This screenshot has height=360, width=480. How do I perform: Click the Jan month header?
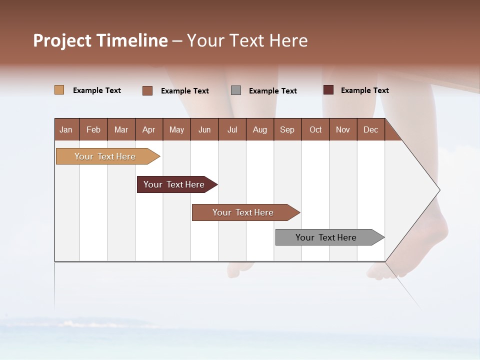click(x=66, y=129)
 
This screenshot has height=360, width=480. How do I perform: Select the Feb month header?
click(x=93, y=129)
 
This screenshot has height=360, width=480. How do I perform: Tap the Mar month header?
click(x=121, y=129)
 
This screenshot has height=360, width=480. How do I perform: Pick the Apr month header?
click(x=149, y=129)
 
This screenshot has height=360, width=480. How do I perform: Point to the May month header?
click(x=176, y=129)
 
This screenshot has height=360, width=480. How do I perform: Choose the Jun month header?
click(x=204, y=129)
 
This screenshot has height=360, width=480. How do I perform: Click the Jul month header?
click(x=232, y=129)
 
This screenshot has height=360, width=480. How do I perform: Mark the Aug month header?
click(x=260, y=129)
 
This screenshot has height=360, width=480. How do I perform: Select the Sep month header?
click(x=287, y=129)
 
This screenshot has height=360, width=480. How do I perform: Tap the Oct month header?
click(x=315, y=129)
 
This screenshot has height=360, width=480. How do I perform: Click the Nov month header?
click(x=343, y=129)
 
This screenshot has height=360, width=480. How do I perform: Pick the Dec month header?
click(x=371, y=129)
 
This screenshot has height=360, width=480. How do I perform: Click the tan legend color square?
click(x=59, y=90)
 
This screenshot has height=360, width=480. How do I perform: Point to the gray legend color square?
click(x=236, y=90)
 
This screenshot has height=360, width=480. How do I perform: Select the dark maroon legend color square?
click(x=328, y=90)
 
